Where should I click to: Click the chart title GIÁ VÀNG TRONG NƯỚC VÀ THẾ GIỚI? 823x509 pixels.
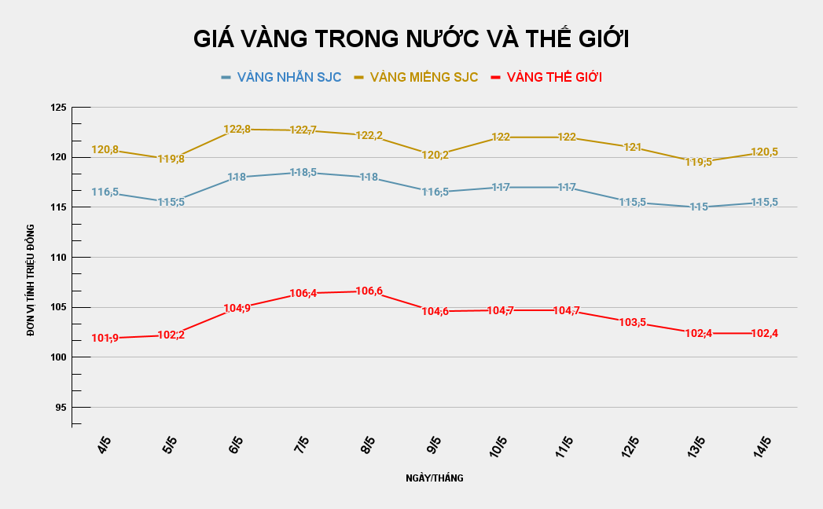pyautogui.click(x=411, y=39)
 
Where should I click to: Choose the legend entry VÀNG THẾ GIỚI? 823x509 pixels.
pyautogui.click(x=554, y=77)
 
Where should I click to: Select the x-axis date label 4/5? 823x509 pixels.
pyautogui.click(x=104, y=446)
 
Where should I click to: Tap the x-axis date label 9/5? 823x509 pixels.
pyautogui.click(x=433, y=446)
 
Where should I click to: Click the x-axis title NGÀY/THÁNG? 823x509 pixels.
pyautogui.click(x=435, y=478)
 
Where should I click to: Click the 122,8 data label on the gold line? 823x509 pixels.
pyautogui.click(x=237, y=130)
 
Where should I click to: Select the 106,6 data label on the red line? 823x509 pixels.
pyautogui.click(x=369, y=291)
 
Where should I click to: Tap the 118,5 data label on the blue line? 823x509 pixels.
pyautogui.click(x=303, y=172)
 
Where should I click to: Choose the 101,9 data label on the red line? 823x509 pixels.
pyautogui.click(x=105, y=339)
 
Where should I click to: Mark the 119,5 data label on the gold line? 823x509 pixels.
pyautogui.click(x=698, y=163)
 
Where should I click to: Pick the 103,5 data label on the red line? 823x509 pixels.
pyautogui.click(x=633, y=322)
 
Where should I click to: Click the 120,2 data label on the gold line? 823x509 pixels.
pyautogui.click(x=435, y=156)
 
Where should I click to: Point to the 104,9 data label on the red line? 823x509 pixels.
pyautogui.click(x=237, y=309)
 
